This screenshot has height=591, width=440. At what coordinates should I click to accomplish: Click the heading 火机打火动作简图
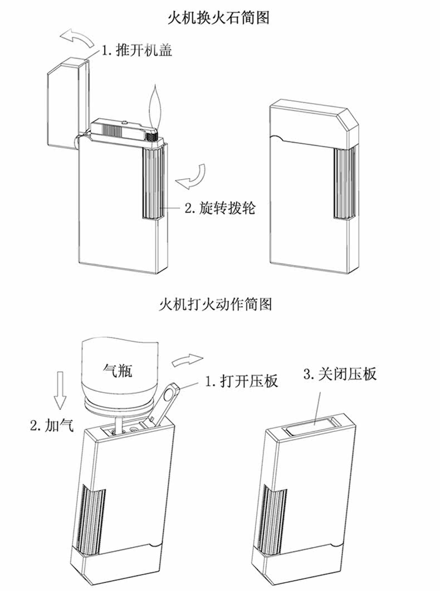tap(219, 305)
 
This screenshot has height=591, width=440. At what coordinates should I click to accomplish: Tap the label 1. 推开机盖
tap(136, 52)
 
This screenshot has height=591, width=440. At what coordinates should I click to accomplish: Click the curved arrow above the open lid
tap(79, 40)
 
